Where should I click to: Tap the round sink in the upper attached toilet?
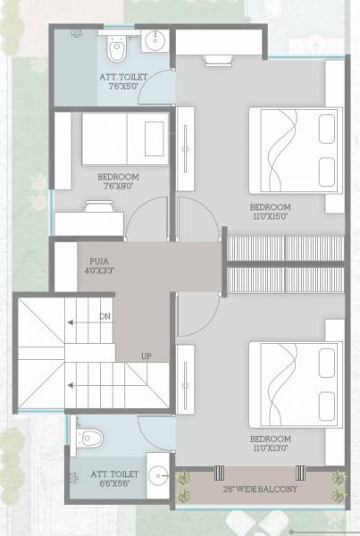155,40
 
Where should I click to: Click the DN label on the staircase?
105,316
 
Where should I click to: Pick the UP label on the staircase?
145,356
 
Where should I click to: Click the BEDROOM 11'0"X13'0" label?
270,444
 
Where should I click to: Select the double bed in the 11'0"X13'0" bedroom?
291,383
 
